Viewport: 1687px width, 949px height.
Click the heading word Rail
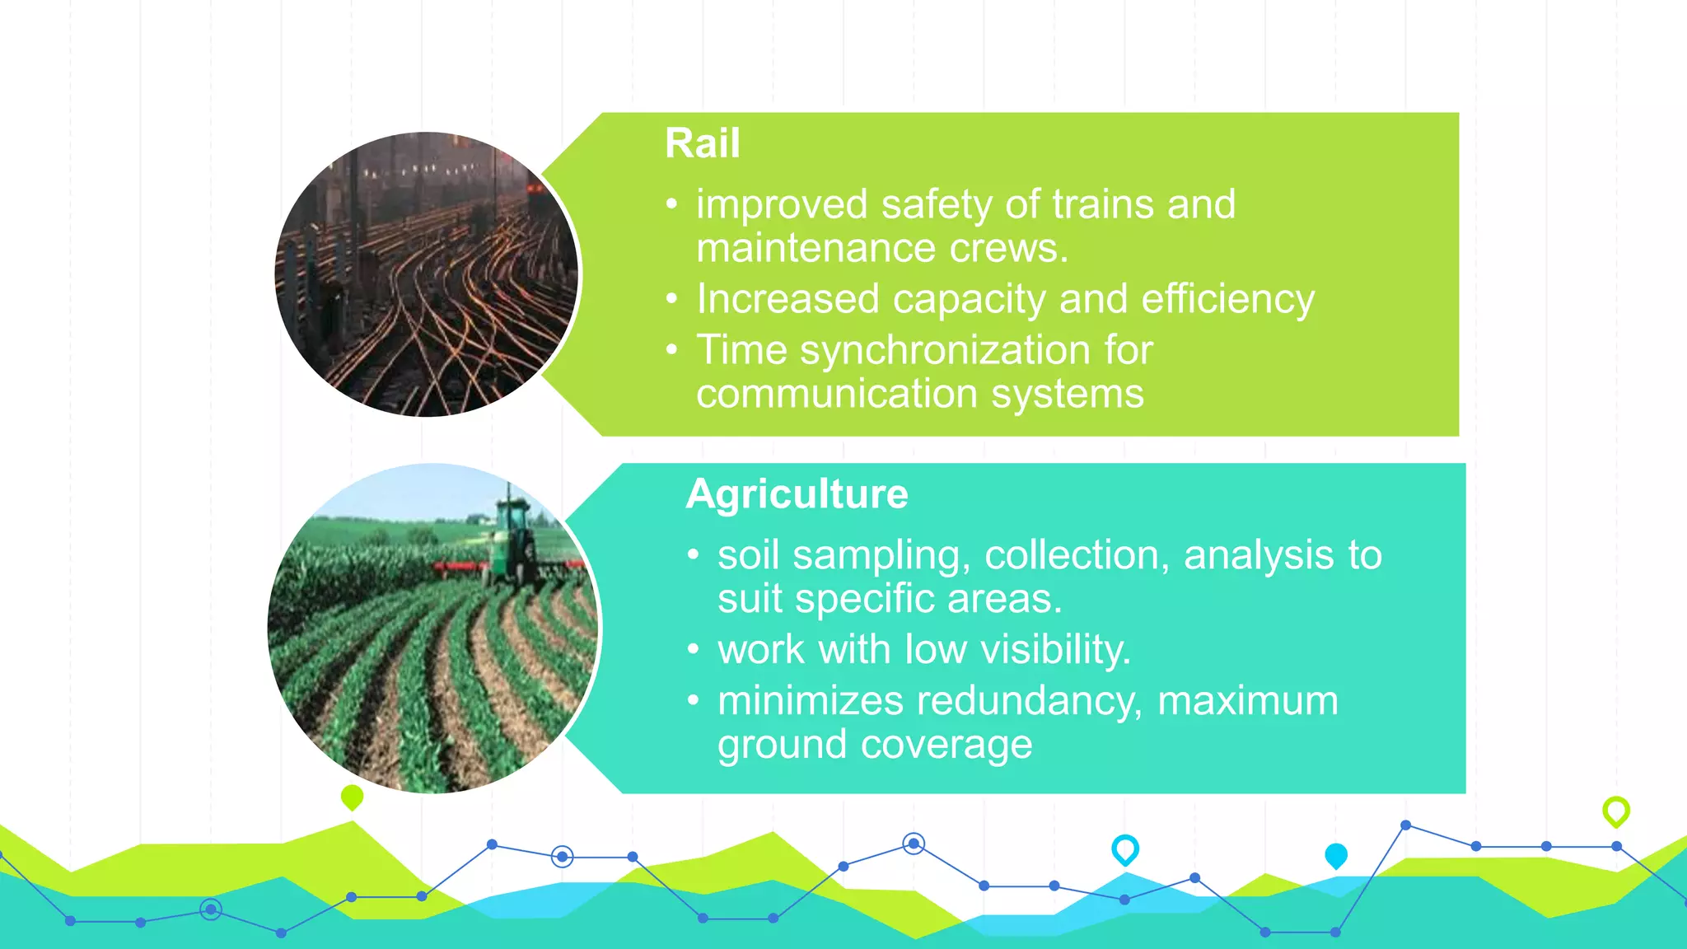[702, 143]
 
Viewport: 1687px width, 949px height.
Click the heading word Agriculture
[797, 494]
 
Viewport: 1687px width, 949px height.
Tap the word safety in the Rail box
[936, 204]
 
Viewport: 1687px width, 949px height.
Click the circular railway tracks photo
[427, 274]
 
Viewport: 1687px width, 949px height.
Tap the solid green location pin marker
[352, 797]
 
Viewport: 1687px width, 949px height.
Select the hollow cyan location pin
[1124, 848]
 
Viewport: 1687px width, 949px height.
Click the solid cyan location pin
[1335, 855]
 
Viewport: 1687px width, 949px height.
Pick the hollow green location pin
[1615, 811]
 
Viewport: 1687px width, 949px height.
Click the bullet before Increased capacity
[672, 298]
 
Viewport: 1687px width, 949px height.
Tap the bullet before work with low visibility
[693, 650]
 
